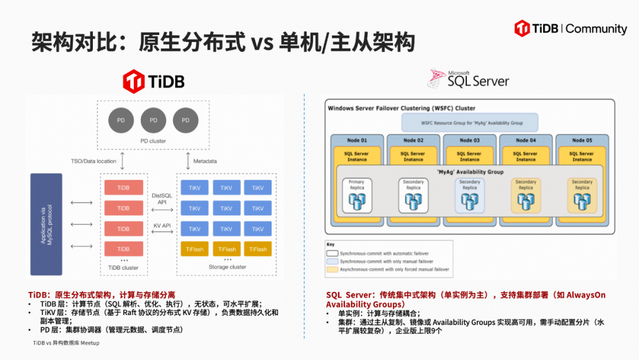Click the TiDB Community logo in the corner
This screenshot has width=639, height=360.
(570, 28)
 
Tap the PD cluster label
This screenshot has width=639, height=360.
(153, 141)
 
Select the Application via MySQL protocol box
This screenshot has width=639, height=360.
(46, 224)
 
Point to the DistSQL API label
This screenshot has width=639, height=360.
(162, 198)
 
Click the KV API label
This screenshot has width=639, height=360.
(162, 226)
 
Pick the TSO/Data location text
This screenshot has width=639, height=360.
(93, 161)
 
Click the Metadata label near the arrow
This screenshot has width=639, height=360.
(205, 161)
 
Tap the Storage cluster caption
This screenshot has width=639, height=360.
(227, 267)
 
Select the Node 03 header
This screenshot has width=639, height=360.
(469, 140)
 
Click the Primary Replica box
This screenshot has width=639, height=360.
(357, 195)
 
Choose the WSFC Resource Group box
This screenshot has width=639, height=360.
(470, 123)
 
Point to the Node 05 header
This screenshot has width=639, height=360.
(582, 140)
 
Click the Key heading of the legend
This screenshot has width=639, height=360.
(330, 244)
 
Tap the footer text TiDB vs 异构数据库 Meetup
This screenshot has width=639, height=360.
(66, 343)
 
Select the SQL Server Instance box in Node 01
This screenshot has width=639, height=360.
(357, 156)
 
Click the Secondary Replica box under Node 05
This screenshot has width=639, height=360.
(582, 195)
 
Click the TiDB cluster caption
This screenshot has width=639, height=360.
(123, 268)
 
